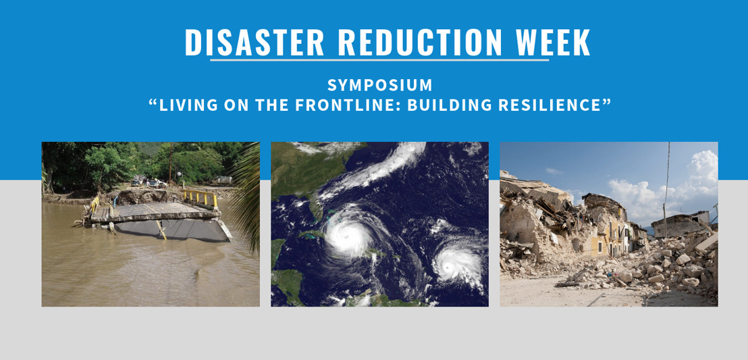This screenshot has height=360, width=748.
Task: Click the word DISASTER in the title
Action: tap(255, 43)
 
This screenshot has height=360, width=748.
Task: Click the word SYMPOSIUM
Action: tap(379, 86)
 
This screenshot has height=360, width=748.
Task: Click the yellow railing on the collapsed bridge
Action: tap(201, 197)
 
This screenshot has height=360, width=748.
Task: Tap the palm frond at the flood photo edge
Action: tap(248, 196)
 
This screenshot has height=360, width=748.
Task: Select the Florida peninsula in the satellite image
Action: tap(315, 208)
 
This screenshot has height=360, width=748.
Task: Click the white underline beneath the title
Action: tap(379, 59)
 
